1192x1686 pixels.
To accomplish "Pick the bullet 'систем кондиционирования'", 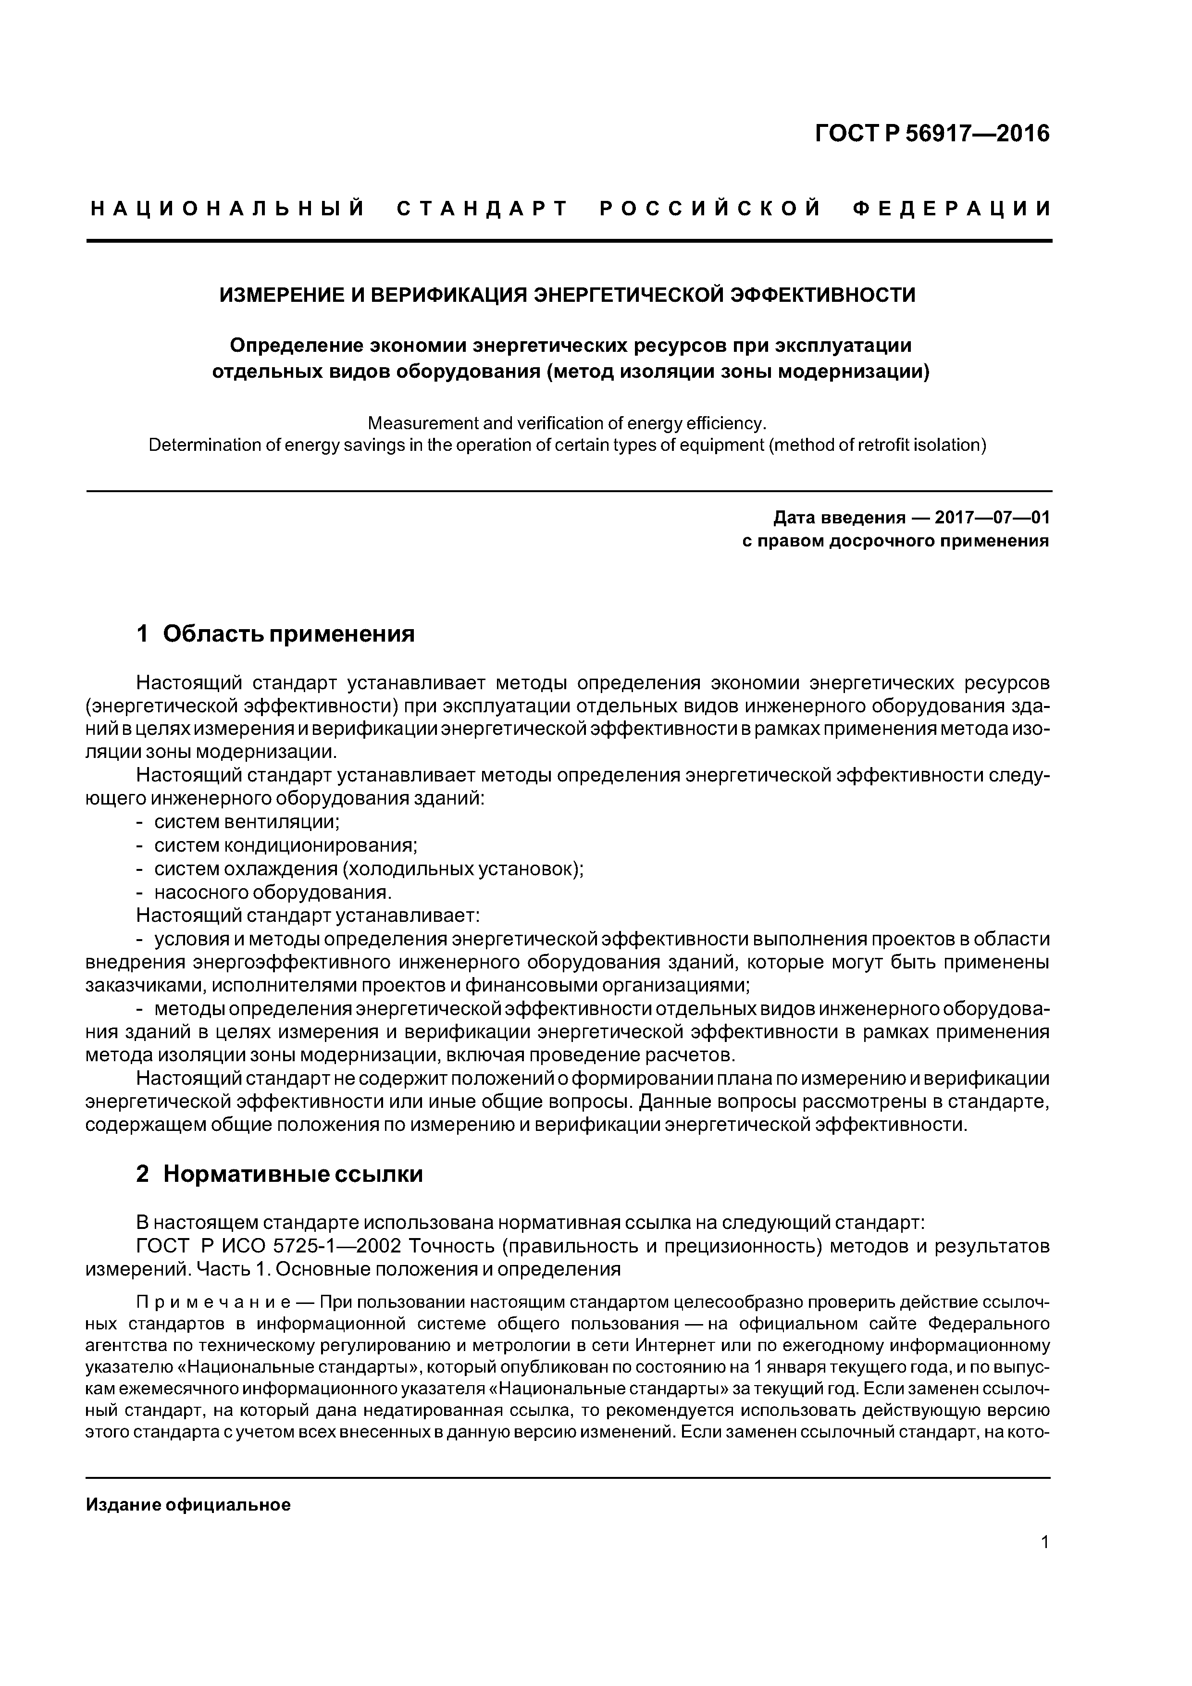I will [285, 845].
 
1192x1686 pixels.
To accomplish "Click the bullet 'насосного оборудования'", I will [272, 892].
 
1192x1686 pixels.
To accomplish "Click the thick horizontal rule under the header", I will [569, 241].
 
